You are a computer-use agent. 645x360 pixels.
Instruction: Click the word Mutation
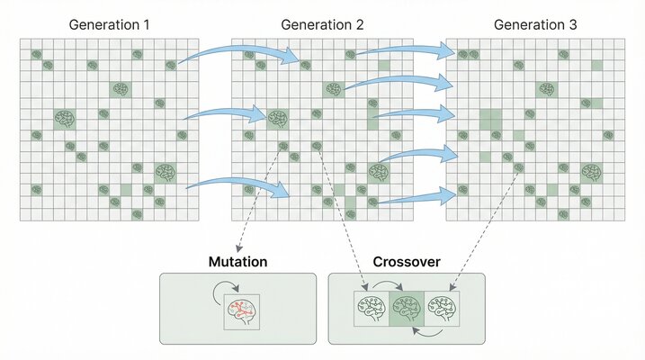tap(237, 262)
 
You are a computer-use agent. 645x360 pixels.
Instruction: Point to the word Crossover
tap(407, 262)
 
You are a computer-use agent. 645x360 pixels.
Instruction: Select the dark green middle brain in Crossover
tap(407, 307)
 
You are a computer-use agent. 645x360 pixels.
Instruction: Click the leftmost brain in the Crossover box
tap(372, 307)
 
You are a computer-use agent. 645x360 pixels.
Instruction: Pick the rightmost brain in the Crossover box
tap(441, 307)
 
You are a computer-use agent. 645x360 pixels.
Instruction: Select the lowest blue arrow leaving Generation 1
tap(238, 186)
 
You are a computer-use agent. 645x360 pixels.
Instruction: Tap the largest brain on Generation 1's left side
tap(64, 118)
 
